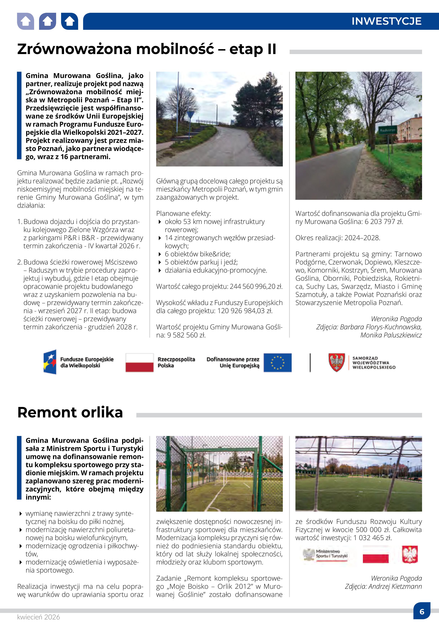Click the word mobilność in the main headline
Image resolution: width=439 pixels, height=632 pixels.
(175, 49)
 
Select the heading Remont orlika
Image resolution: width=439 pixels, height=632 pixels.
(70, 412)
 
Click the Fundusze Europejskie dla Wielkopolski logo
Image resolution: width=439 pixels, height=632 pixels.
(79, 362)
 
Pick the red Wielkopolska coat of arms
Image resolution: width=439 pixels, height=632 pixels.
(337, 362)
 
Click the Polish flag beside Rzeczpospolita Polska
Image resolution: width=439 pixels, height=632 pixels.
(139, 363)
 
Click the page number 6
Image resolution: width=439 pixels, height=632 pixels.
(422, 612)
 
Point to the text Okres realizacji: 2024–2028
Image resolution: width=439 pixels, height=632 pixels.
(337, 238)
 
